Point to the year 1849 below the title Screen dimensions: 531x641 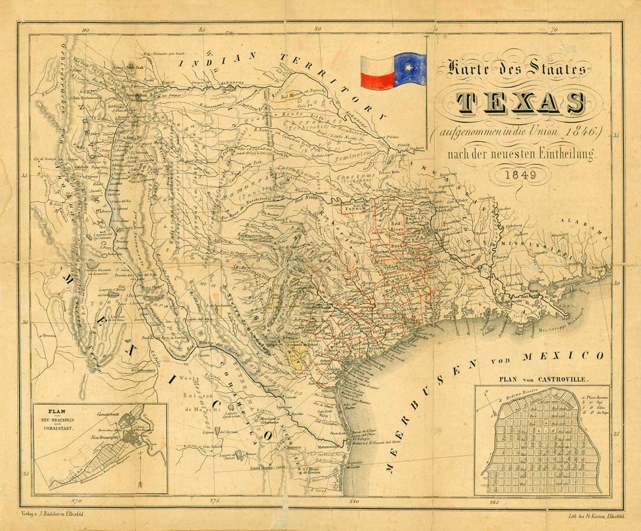point(521,175)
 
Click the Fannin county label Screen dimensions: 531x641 point(353,209)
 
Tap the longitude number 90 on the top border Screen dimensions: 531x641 point(86,30)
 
